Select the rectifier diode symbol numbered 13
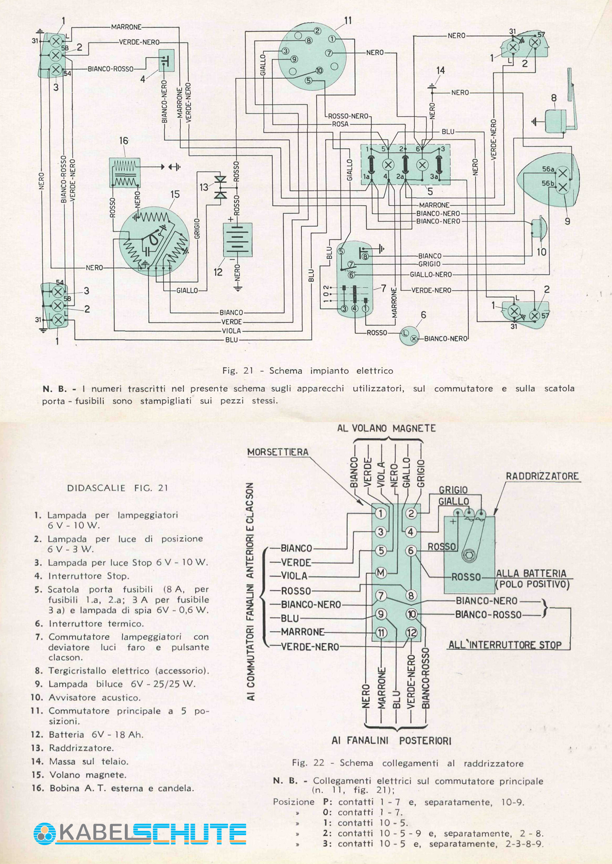pyautogui.click(x=221, y=188)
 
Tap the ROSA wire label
pyautogui.click(x=340, y=124)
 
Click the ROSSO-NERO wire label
pyautogui.click(x=348, y=116)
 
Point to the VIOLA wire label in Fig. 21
pyautogui.click(x=232, y=331)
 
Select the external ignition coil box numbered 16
pyautogui.click(x=125, y=173)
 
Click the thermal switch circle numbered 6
pyautogui.click(x=409, y=336)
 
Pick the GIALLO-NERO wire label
pyautogui.click(x=431, y=275)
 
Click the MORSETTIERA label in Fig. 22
pyautogui.click(x=278, y=452)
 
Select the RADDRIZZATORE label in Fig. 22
pyautogui.click(x=542, y=476)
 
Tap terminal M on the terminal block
pyautogui.click(x=381, y=573)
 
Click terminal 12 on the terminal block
pyautogui.click(x=411, y=633)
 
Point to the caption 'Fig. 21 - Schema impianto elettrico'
pyautogui.click(x=307, y=370)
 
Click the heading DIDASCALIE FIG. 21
pyautogui.click(x=117, y=488)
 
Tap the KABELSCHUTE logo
pyautogui.click(x=140, y=833)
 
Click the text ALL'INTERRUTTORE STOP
pyautogui.click(x=505, y=645)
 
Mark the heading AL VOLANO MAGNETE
pyautogui.click(x=386, y=429)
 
